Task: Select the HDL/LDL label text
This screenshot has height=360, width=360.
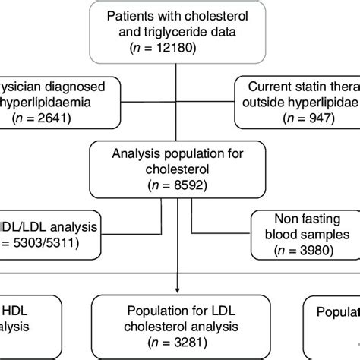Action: [x=18, y=226]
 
